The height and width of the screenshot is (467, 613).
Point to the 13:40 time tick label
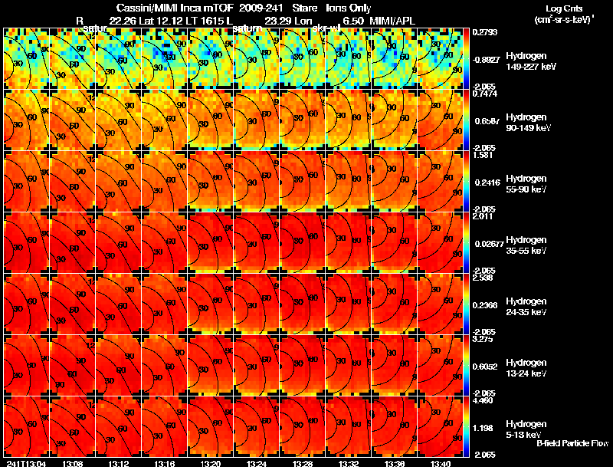click(440, 462)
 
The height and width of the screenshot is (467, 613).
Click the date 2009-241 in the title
click(261, 7)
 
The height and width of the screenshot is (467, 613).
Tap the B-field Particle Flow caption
click(573, 443)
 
